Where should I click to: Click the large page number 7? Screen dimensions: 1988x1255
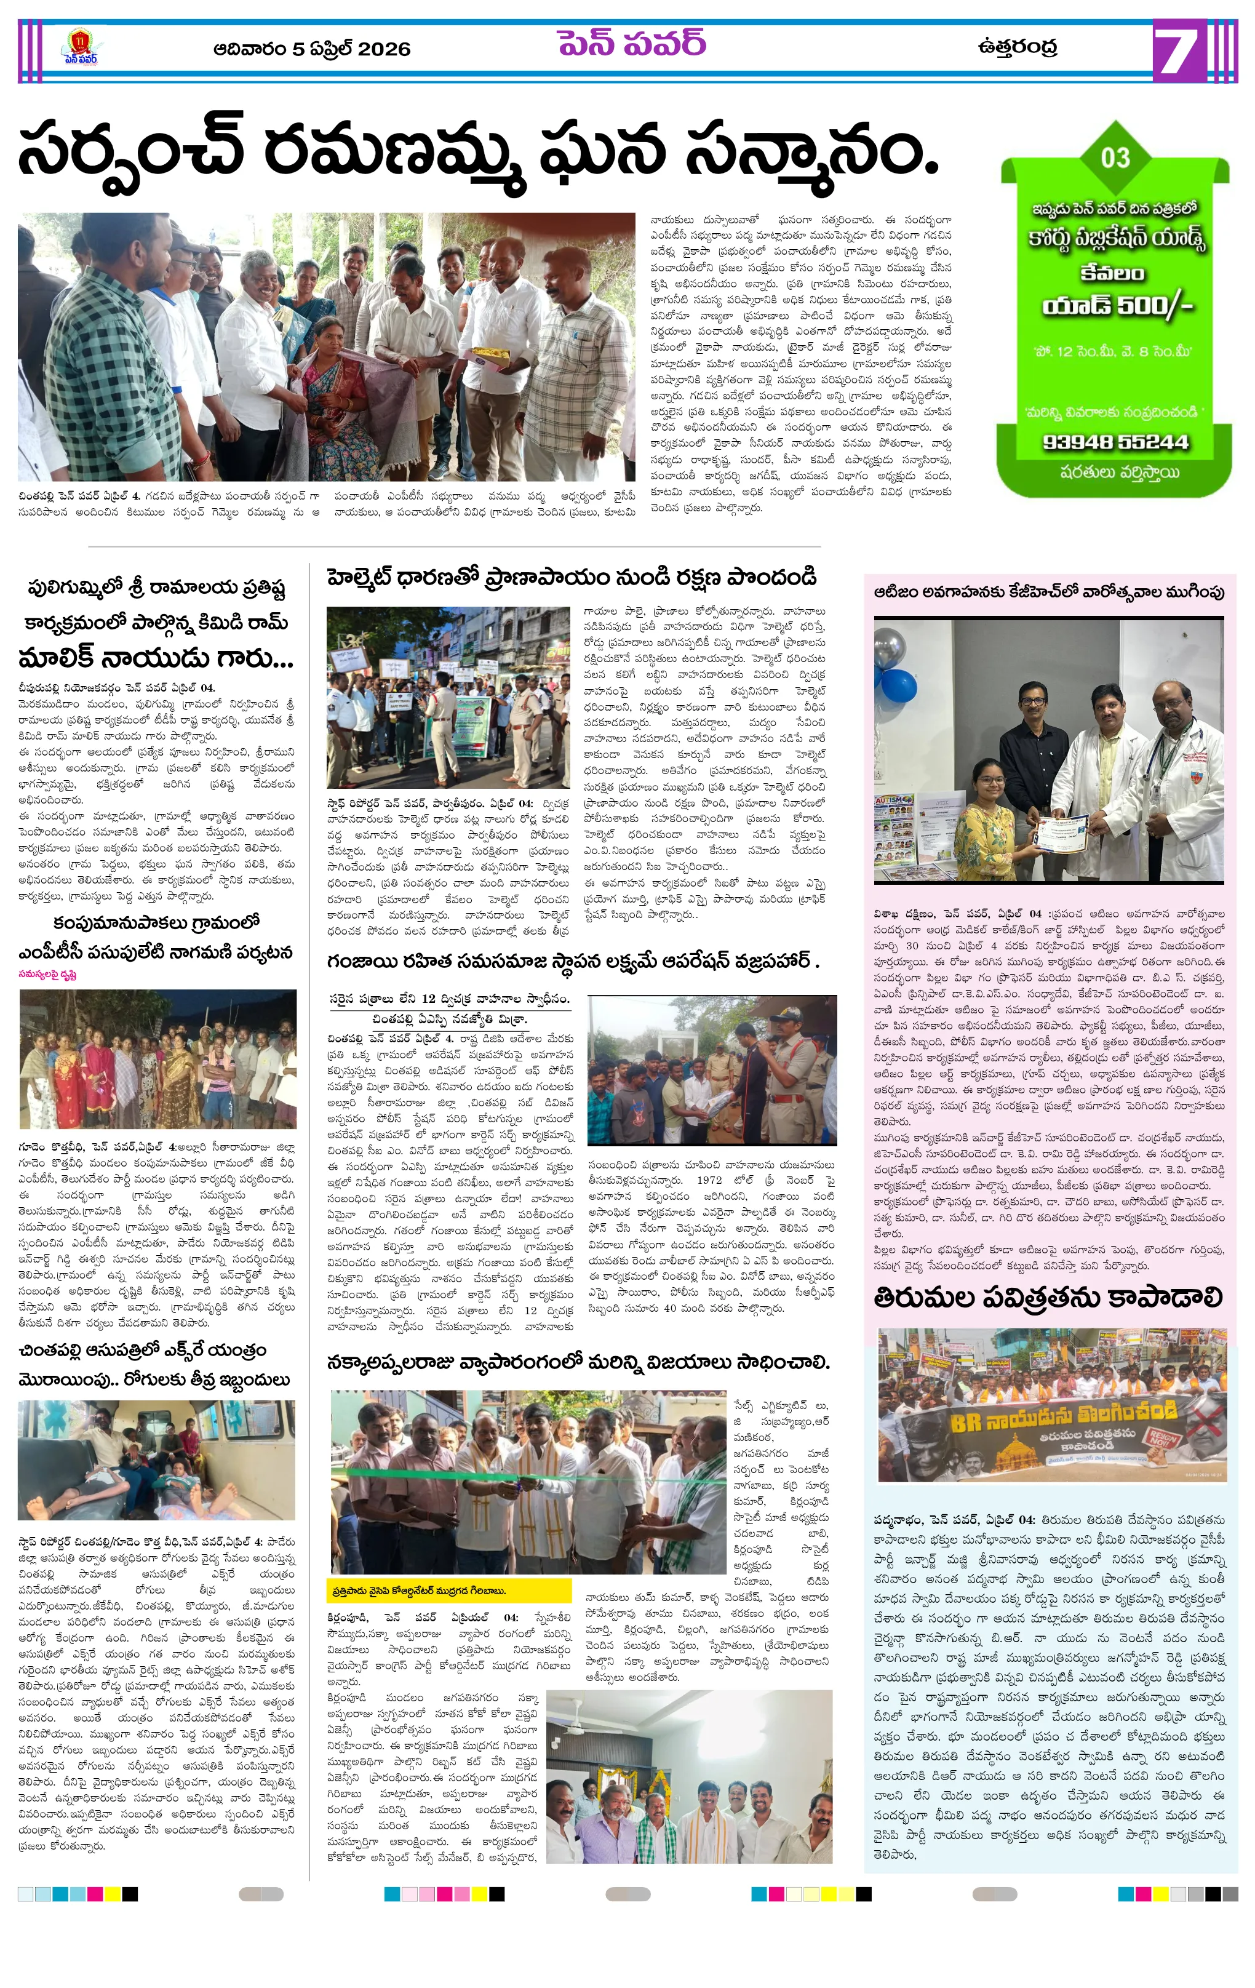[x=1177, y=51]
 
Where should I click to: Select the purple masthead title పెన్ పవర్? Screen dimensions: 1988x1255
[x=632, y=43]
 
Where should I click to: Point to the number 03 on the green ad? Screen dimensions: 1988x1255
[x=1115, y=157]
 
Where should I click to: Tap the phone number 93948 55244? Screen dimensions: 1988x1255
[x=1115, y=442]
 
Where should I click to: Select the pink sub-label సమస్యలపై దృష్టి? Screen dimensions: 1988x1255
[x=48, y=974]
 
